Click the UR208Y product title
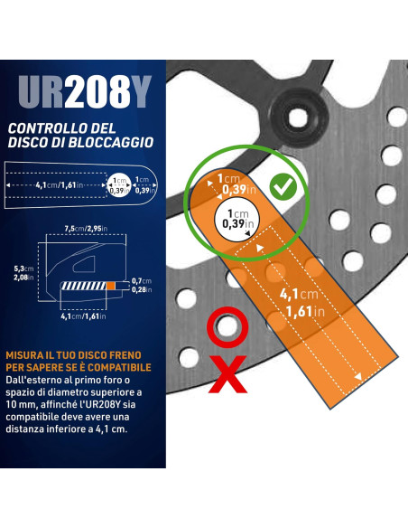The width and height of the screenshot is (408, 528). pyautogui.click(x=85, y=92)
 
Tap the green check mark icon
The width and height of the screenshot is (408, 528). pyautogui.click(x=283, y=186)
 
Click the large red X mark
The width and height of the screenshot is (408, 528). pyautogui.click(x=227, y=374)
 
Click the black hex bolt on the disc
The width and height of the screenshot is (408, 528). pyautogui.click(x=298, y=118)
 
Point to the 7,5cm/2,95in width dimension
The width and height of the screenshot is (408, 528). pyautogui.click(x=86, y=229)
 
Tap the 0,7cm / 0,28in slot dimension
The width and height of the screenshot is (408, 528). pyautogui.click(x=142, y=285)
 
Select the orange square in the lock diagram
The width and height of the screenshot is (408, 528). pyautogui.click(x=110, y=286)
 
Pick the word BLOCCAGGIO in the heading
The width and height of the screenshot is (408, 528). pyautogui.click(x=111, y=142)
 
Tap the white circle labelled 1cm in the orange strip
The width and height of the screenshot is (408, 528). pyautogui.click(x=236, y=219)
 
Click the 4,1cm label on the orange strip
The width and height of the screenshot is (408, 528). pyautogui.click(x=299, y=295)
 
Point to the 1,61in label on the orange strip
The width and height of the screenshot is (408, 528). pyautogui.click(x=305, y=312)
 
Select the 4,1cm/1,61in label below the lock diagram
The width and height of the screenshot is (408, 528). pyautogui.click(x=83, y=316)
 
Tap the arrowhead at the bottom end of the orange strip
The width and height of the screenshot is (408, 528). pyautogui.click(x=358, y=376)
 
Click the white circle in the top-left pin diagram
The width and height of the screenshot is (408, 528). pyautogui.click(x=118, y=184)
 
